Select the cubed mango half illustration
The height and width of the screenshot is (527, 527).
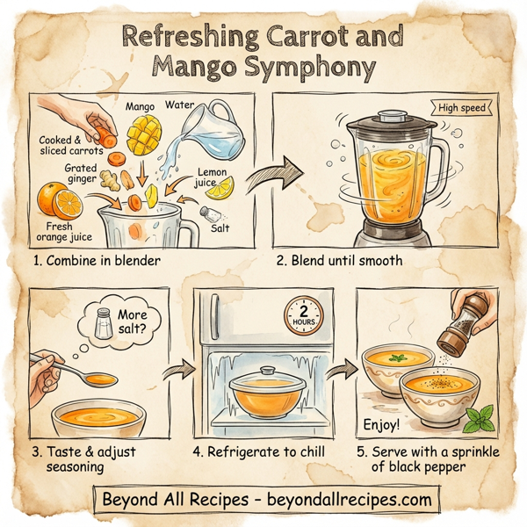(x=142, y=134)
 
